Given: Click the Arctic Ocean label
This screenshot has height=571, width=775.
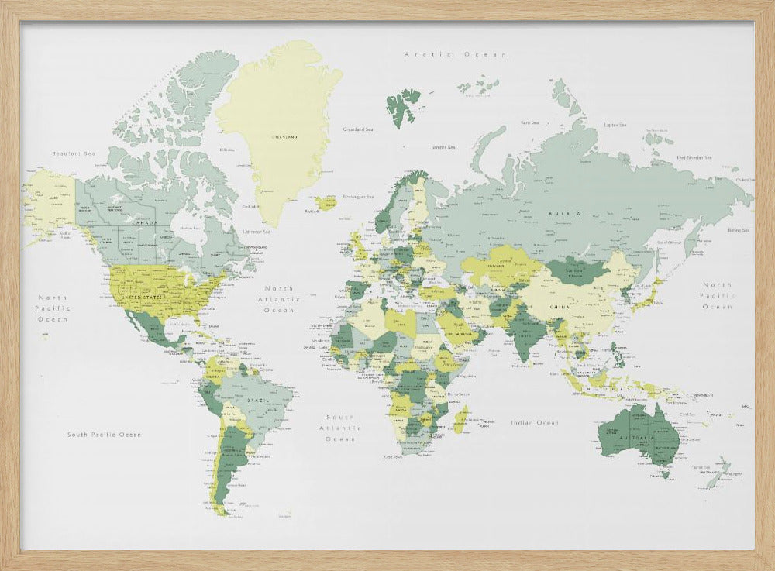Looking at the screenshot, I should (x=456, y=55).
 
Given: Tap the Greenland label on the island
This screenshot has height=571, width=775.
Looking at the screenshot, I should (x=284, y=136).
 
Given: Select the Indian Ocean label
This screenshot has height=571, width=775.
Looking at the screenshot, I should (x=535, y=422).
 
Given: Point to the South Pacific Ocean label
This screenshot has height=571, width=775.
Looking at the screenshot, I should (x=104, y=435).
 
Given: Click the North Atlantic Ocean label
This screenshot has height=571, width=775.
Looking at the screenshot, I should (x=279, y=299).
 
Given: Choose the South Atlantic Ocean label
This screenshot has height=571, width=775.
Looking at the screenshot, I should (x=341, y=428).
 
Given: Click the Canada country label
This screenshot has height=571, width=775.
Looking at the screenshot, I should (x=144, y=223).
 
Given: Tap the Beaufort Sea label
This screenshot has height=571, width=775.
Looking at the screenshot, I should (x=73, y=153).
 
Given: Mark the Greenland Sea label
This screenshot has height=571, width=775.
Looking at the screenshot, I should (x=358, y=129).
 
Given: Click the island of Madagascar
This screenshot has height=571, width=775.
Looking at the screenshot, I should (x=460, y=421).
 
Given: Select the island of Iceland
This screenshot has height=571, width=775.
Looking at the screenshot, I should (x=325, y=203).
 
